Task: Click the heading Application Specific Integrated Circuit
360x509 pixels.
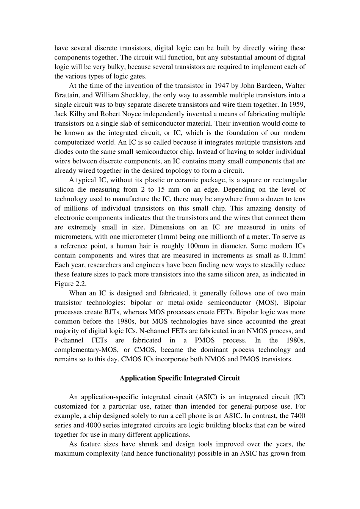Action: click(180, 378)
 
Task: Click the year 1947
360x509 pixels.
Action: click(222, 86)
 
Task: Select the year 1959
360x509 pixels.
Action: click(297, 105)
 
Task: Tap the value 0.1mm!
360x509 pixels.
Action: click(294, 255)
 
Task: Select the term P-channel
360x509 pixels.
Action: click(70, 340)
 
